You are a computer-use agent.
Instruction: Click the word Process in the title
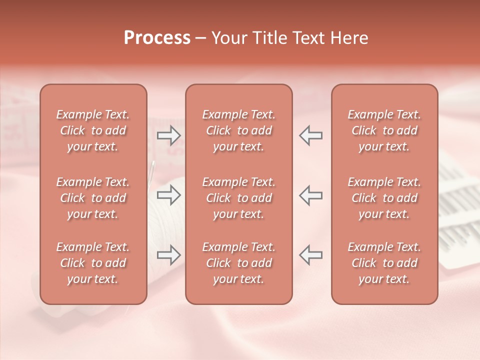(157, 38)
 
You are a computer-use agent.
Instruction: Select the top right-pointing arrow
(168, 135)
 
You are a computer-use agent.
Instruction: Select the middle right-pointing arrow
(168, 195)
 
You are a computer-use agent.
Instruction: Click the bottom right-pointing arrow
(168, 254)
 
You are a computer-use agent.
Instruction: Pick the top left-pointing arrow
(310, 135)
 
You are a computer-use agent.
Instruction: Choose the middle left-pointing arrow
(310, 195)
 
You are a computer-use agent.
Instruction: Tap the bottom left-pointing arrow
(310, 254)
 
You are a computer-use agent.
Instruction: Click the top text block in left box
(93, 130)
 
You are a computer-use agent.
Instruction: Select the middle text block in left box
(93, 198)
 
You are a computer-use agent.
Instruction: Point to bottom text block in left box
(93, 263)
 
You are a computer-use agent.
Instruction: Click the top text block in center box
(238, 130)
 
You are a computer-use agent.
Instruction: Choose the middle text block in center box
(238, 198)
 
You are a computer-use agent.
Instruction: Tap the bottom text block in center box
(238, 263)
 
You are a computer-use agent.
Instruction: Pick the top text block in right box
(384, 130)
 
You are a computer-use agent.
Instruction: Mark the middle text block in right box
(384, 198)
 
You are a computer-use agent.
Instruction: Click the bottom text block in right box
(384, 263)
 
